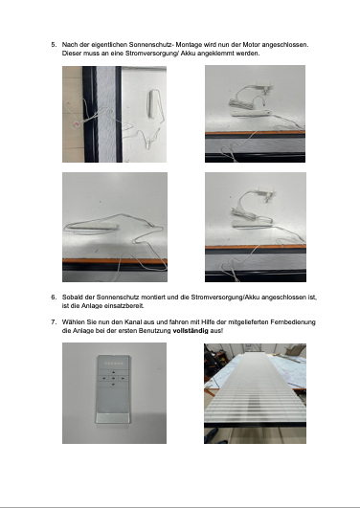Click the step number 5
[54, 45]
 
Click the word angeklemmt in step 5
[215, 54]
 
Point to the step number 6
[54, 298]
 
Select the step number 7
[54, 322]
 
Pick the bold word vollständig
[191, 331]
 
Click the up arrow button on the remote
[114, 372]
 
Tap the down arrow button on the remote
[114, 385]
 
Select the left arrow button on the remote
[103, 378]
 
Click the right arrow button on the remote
[123, 378]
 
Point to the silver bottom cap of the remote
[113, 418]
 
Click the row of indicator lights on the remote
[114, 364]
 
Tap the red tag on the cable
[77, 123]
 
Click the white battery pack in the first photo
[152, 104]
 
